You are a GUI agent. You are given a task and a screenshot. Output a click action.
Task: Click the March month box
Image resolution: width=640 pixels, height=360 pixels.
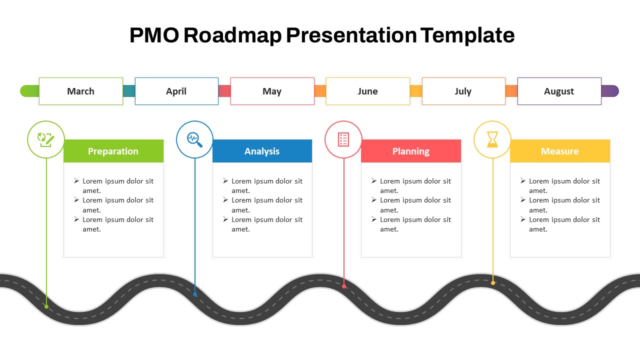80,91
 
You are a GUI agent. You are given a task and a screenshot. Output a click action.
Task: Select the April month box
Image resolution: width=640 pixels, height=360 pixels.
176,91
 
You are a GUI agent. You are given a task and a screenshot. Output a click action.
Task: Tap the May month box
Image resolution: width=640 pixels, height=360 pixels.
272,91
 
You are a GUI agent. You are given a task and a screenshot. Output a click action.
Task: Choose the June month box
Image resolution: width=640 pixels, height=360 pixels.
367,91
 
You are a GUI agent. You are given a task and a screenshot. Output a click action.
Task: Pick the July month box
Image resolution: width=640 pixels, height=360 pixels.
463,91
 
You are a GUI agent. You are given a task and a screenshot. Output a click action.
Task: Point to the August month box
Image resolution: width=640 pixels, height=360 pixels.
559,91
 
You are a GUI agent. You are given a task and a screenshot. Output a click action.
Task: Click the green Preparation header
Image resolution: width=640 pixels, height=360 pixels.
113,151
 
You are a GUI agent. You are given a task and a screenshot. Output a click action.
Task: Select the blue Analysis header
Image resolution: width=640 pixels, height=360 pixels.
262,151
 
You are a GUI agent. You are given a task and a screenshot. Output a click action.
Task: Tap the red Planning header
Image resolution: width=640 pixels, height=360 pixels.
411,151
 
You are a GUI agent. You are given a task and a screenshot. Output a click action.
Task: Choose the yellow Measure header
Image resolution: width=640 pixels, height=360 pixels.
560,151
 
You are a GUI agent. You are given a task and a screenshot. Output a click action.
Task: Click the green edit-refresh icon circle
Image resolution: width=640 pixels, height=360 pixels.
45,139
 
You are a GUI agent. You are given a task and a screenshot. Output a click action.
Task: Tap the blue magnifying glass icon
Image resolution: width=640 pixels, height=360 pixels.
194,139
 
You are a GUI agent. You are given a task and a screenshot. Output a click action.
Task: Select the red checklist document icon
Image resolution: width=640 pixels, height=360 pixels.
343,139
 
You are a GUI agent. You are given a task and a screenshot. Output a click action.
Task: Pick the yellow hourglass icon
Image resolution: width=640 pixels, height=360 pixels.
492,139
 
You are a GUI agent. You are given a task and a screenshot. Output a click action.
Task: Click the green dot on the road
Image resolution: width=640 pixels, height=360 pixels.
46,306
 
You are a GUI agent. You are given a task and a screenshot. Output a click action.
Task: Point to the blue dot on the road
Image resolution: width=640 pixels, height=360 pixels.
195,294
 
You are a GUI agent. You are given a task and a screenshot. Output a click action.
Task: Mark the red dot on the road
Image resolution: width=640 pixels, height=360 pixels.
344,286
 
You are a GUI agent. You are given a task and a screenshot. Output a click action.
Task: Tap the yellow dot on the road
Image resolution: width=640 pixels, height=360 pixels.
493,283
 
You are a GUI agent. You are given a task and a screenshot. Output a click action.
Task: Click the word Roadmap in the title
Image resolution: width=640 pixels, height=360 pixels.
232,35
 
